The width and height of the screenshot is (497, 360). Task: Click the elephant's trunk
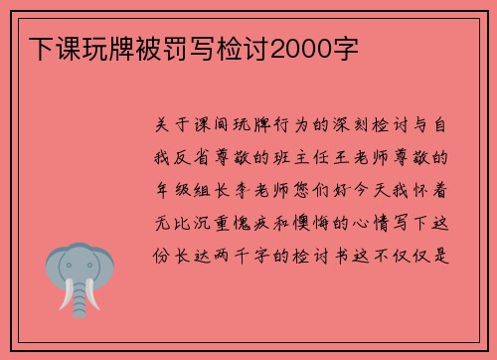(x=79, y=289)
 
